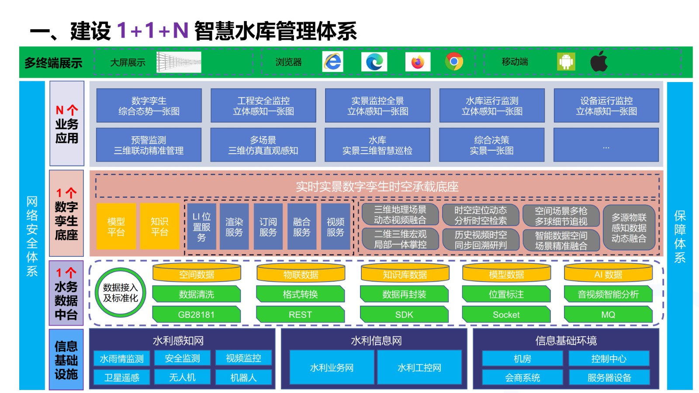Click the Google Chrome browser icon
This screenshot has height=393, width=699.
pos(454,62)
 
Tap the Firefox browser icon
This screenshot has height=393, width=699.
pos(418,62)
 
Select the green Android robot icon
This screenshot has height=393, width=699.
pos(566,62)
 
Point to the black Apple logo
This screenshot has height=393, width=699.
pos(599,61)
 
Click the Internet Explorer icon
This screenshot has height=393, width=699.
pos(332,62)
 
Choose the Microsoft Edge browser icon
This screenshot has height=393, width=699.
pos(374,62)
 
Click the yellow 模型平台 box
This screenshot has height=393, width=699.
pos(116,227)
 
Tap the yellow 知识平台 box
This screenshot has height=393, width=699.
pos(159,227)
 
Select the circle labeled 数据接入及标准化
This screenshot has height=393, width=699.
pos(121,293)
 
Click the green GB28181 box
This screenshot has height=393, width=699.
pos(196,314)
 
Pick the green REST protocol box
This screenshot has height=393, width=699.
pos(300,314)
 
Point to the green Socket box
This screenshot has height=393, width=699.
pos(506,314)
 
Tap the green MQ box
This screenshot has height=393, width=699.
pos(608,314)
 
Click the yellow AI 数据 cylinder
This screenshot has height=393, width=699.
pos(608,272)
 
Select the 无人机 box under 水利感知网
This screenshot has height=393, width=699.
pos(182,377)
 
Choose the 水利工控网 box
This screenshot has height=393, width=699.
pos(419,367)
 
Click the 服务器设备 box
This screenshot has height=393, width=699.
pos(609,377)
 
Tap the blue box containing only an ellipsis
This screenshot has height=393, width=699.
pos(606,145)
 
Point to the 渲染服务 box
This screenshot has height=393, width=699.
pos(234,227)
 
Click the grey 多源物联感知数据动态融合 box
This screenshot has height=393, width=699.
pos(629,228)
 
